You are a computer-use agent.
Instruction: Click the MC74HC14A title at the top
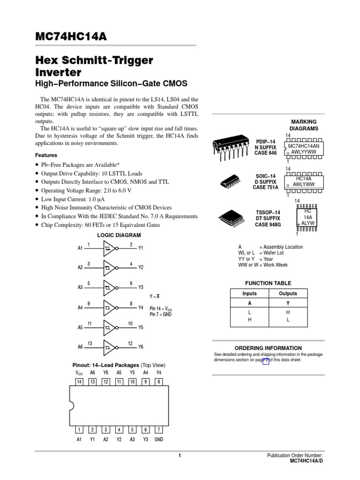[x=71, y=37]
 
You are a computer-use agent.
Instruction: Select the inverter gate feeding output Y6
[x=110, y=346]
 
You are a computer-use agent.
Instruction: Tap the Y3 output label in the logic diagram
[x=141, y=287]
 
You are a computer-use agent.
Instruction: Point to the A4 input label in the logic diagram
[x=80, y=307]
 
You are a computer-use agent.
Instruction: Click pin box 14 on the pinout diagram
[x=79, y=382]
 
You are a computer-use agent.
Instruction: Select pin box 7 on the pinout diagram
[x=159, y=429]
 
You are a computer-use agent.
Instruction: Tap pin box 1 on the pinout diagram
[x=79, y=429]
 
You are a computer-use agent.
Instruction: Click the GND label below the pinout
[x=159, y=440]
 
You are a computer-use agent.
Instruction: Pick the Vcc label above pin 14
[x=79, y=373]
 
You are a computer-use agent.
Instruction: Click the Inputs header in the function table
[x=249, y=293]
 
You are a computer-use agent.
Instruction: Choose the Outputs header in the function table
[x=288, y=293]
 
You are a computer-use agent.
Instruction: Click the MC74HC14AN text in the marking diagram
[x=303, y=146]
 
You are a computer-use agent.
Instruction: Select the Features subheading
[x=46, y=155]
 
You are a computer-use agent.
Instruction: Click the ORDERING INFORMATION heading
[x=268, y=348]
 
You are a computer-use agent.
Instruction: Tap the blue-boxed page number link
[x=266, y=360]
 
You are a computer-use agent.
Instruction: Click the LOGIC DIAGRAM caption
[x=119, y=235]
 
